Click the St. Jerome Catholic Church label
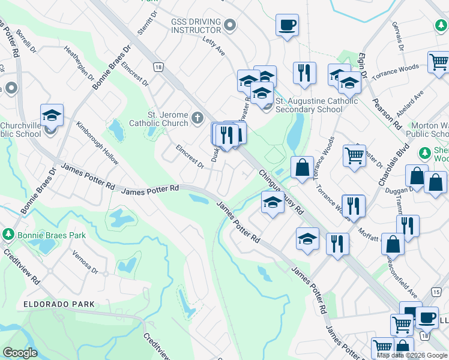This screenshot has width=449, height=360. [167, 119]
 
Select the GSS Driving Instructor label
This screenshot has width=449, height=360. [196, 25]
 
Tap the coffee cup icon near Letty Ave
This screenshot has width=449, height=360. [287, 26]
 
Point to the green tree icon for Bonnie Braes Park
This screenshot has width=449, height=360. [8, 233]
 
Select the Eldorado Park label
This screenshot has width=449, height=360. [59, 304]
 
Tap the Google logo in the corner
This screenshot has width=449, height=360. [20, 353]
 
